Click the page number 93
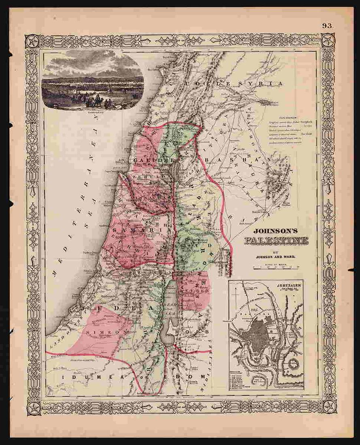coord(327,26)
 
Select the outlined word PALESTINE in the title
coord(275,242)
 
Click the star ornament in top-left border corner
coord(33,41)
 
